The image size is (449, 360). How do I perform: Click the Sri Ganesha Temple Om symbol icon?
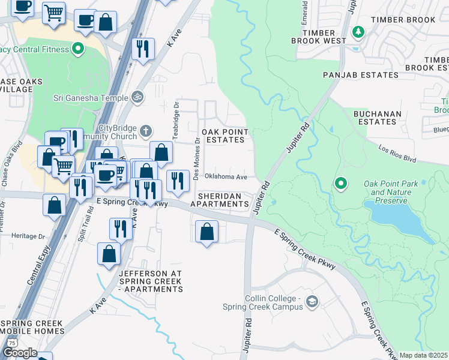pyautogui.click(x=137, y=97)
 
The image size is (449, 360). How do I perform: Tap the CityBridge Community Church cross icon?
pyautogui.click(x=145, y=130)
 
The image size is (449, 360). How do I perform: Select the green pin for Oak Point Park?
pyautogui.click(x=341, y=182)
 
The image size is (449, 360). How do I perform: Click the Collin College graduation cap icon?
pyautogui.click(x=311, y=302)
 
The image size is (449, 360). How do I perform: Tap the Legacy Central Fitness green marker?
pyautogui.click(x=77, y=48)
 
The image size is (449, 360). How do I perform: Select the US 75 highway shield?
pyautogui.click(x=11, y=343)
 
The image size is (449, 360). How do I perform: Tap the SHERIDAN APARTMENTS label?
pyautogui.click(x=219, y=200)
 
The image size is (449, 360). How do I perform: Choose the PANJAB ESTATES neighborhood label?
pyautogui.click(x=360, y=75)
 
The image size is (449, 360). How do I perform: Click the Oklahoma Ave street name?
pyautogui.click(x=226, y=177)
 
